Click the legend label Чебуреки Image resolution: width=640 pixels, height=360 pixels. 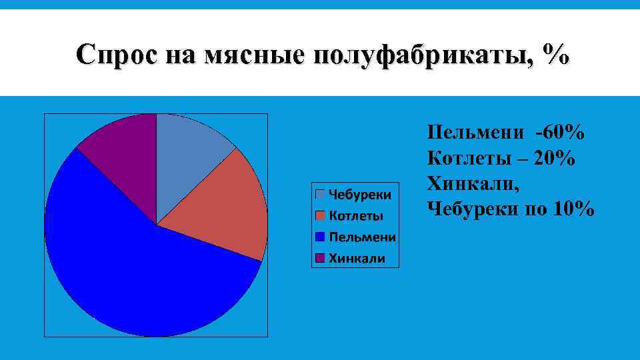(360, 194)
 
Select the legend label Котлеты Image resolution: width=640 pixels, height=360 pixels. (356, 215)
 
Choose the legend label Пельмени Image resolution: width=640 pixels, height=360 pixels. (362, 237)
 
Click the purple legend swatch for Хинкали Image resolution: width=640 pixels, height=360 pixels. (320, 258)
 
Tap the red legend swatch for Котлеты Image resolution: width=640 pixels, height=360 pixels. (320, 215)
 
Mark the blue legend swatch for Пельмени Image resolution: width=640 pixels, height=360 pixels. (320, 237)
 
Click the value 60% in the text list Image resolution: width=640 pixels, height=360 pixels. (563, 133)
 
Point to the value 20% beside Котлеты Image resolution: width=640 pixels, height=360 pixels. (553, 159)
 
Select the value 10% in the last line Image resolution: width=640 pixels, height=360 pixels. (573, 209)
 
